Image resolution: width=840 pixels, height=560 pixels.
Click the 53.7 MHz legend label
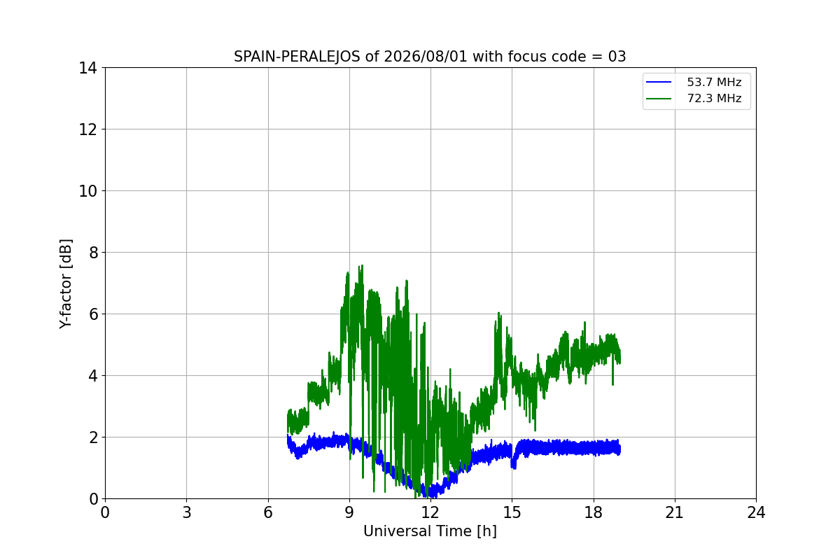coord(714,82)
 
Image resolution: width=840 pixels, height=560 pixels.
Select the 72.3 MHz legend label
coord(714,98)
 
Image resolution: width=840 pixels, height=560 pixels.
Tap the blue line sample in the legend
coord(659,82)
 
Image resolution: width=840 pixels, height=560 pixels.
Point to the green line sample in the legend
coord(659,99)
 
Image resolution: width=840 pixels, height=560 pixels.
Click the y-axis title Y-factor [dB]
coord(66,284)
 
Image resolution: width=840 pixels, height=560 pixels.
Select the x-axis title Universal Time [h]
coord(430,531)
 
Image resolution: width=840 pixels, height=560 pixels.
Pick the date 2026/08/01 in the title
coord(426,57)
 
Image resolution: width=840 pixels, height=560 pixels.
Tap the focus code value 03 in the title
coord(617,57)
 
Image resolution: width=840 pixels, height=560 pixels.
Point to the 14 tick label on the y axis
coord(87,69)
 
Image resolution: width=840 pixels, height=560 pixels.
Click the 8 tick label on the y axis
coord(93,253)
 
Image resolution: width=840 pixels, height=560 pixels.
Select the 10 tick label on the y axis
coord(87,191)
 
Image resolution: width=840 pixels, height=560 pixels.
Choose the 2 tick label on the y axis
coord(93,437)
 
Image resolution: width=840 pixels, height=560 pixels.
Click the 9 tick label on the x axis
coord(349,512)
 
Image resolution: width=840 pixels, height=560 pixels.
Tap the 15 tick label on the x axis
coord(512,512)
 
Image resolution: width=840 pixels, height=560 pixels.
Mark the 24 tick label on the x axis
coord(756,512)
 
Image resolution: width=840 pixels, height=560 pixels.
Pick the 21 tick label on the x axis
coord(675,512)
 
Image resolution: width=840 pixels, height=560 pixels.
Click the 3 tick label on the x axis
coord(187,512)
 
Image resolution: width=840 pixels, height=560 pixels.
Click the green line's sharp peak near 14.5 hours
coord(498,313)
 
